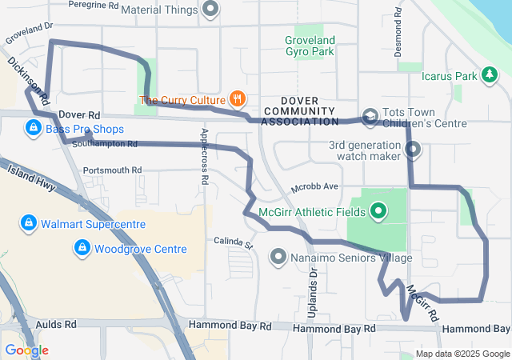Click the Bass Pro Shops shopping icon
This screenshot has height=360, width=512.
(x=33, y=128)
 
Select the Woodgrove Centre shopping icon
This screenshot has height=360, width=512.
(x=81, y=249)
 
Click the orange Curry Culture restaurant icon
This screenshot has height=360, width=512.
(x=237, y=99)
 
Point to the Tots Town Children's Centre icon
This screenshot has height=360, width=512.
(x=370, y=117)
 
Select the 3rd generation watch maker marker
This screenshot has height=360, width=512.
(x=413, y=150)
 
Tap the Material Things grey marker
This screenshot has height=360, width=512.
(x=210, y=10)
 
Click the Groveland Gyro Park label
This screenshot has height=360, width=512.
(x=309, y=45)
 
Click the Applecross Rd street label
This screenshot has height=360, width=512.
(x=205, y=156)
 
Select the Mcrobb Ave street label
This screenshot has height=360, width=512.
(x=315, y=186)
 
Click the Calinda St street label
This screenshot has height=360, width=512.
(x=233, y=241)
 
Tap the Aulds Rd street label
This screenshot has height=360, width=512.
(x=57, y=325)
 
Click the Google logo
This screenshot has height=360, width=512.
(x=26, y=350)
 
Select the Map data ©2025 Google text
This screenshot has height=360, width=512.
(x=462, y=354)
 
